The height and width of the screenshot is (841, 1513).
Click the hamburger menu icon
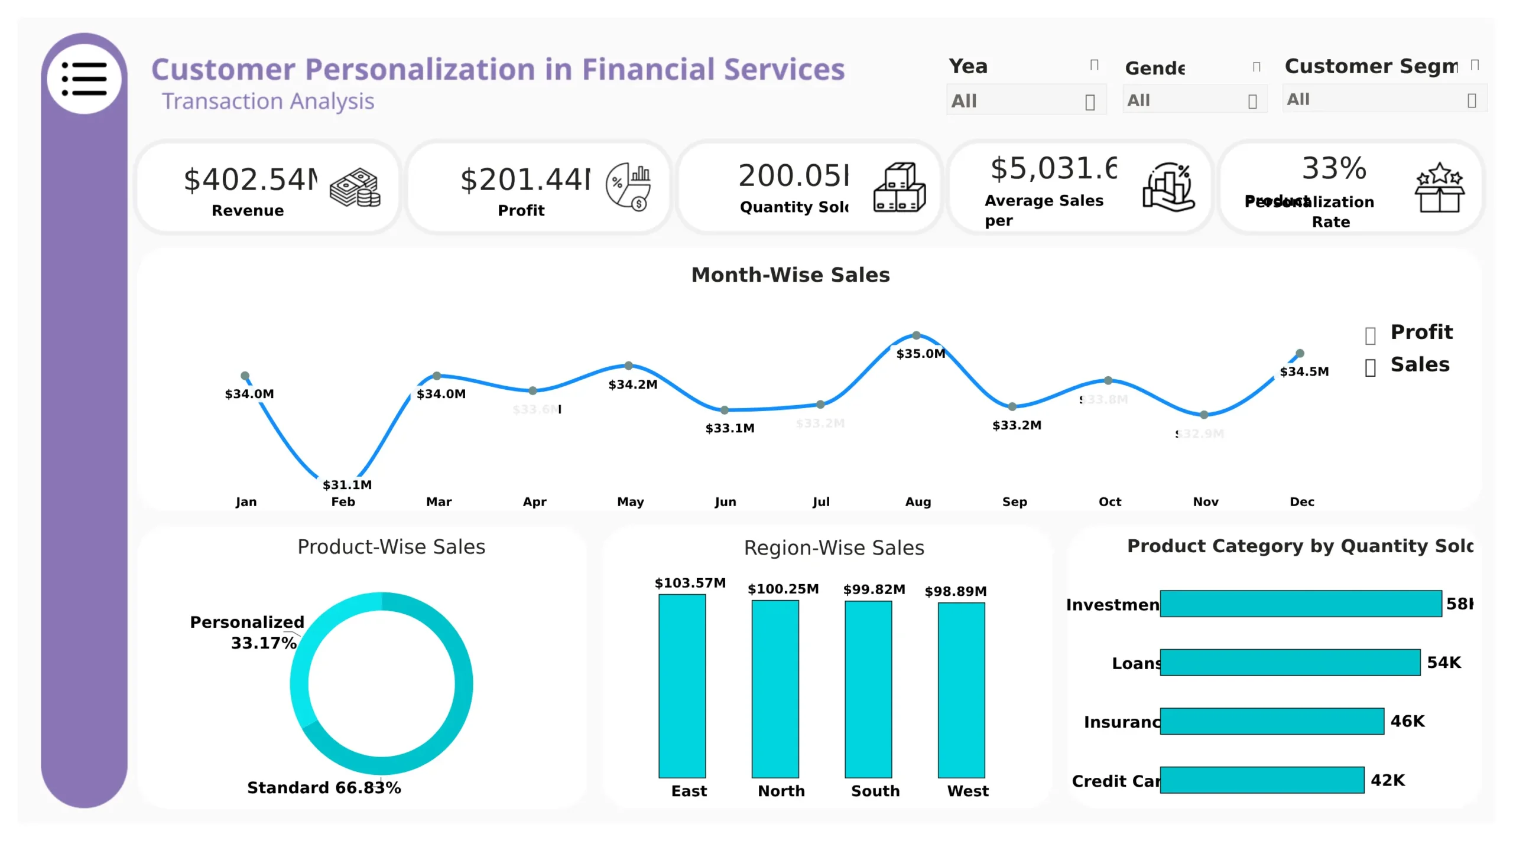coord(84,79)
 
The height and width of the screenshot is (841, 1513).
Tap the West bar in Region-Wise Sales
coord(961,689)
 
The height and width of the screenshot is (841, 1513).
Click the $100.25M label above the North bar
coord(783,589)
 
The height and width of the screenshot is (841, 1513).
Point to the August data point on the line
coord(916,335)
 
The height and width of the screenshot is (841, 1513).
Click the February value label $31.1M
coord(347,485)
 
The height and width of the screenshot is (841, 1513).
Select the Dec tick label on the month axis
coord(1301,501)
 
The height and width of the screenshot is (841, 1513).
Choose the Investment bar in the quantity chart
coord(1300,603)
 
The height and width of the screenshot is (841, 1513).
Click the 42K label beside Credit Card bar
coord(1387,780)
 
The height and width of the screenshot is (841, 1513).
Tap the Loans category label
coord(1135,663)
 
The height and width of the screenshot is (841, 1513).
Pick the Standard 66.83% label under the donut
coord(324,787)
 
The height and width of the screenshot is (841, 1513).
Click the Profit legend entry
coord(1420,332)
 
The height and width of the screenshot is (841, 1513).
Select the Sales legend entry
coord(1419,364)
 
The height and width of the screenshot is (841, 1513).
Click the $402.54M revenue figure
coord(251,179)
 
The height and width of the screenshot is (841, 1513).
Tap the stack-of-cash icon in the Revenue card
coord(355,188)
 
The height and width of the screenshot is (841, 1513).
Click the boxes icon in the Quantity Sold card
coord(899,187)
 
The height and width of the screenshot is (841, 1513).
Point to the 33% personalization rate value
coord(1334,168)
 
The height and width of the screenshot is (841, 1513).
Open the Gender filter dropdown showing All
coord(1194,100)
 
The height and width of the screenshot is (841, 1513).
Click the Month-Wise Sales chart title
coord(790,275)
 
